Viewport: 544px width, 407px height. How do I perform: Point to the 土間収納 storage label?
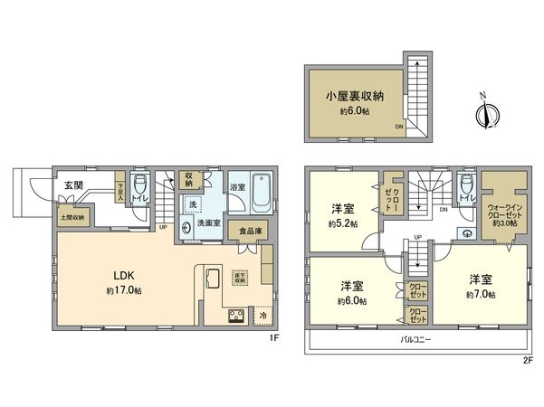point(73,217)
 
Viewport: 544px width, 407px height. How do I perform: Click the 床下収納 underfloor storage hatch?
point(240,279)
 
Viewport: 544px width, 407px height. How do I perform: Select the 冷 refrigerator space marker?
point(262,317)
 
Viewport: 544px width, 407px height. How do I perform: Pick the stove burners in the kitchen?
point(234,317)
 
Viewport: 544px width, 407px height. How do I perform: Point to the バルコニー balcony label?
point(416,340)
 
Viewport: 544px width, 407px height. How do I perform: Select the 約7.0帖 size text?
point(480,295)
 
